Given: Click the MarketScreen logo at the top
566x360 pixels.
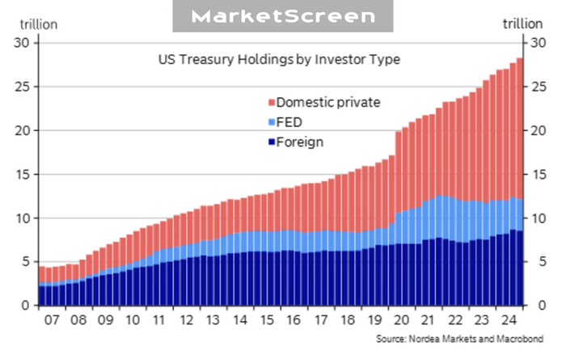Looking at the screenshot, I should coord(283,16).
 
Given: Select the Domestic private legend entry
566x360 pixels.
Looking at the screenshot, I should coord(327,102).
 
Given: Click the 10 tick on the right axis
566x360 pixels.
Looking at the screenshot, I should coord(535,218).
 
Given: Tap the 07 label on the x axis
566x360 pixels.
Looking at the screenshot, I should coord(53,320).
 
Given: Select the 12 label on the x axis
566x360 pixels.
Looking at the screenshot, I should coord(188,320).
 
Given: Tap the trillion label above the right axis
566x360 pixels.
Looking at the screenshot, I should coord(523,23).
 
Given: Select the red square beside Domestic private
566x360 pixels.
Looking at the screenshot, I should coord(271,103).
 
